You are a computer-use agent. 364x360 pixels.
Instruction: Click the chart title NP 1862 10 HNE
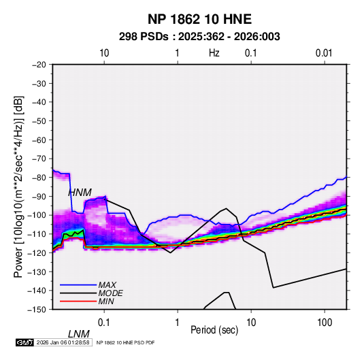[x=199, y=19]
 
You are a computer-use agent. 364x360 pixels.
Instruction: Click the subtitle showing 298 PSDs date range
[x=199, y=37]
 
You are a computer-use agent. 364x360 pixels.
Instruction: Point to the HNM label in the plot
[x=80, y=193]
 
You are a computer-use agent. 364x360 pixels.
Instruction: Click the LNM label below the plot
[x=79, y=334]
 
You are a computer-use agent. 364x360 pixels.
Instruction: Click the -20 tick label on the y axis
[x=39, y=65]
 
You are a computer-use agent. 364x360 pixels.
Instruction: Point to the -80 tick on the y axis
[x=39, y=178]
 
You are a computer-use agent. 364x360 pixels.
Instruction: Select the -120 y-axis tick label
[x=37, y=252]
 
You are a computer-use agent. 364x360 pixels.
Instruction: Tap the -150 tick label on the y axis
[x=37, y=310]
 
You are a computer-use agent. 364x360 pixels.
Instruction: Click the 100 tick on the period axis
[x=325, y=323]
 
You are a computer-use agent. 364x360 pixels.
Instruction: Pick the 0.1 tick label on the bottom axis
[x=103, y=323]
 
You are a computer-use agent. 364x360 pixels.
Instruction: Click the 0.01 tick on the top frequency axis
[x=324, y=53]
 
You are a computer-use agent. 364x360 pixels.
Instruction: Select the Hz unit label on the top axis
[x=214, y=53]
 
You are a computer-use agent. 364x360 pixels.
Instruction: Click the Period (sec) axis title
[x=214, y=330]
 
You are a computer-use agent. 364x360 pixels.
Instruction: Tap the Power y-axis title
[x=18, y=187]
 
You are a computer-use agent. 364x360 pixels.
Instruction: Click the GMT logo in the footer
[x=25, y=342]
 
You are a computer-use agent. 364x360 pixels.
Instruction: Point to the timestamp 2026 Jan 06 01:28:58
[x=63, y=342]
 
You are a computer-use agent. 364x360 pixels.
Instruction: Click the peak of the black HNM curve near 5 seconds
[x=226, y=208]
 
